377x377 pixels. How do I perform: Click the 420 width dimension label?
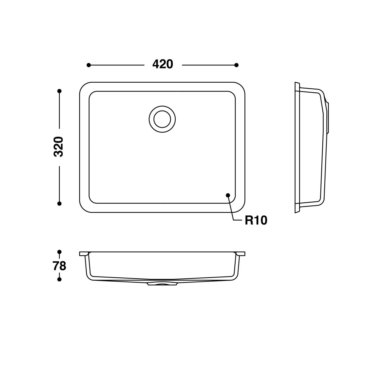pyautogui.click(x=162, y=64)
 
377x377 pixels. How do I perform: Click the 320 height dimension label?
pyautogui.click(x=59, y=147)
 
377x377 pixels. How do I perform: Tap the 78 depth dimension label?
pyautogui.click(x=59, y=266)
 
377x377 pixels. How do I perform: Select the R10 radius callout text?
pyautogui.click(x=256, y=221)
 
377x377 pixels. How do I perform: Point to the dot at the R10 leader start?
pyautogui.click(x=228, y=195)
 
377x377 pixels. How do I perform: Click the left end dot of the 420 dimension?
pyautogui.click(x=89, y=65)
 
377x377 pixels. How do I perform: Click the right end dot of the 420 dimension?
pyautogui.click(x=237, y=65)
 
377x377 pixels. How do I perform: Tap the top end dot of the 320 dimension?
pyautogui.click(x=59, y=91)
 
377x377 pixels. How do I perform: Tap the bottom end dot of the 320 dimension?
pyautogui.click(x=59, y=204)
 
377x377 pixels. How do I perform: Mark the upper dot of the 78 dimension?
pyautogui.click(x=59, y=252)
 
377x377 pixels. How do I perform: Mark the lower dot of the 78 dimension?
pyautogui.click(x=59, y=279)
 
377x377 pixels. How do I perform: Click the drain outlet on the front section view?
pyautogui.click(x=162, y=284)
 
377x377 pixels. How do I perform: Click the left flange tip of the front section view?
pyautogui.click(x=81, y=253)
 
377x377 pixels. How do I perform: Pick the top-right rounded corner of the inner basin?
pyautogui.click(x=233, y=94)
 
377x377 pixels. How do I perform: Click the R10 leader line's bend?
pyautogui.click(x=233, y=221)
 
